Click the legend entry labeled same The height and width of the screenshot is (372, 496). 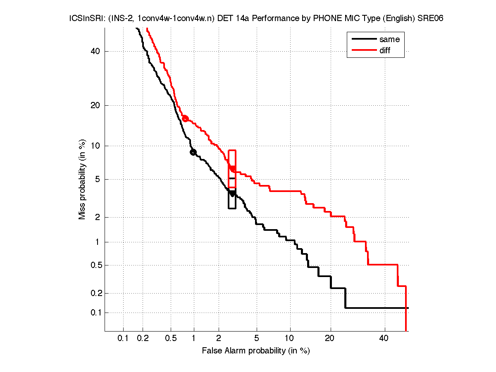click(389, 40)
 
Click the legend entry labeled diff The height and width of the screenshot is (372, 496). click(384, 50)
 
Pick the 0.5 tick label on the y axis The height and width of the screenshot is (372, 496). click(95, 265)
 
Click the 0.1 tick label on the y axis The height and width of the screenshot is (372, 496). click(95, 313)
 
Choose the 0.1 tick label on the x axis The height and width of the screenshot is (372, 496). click(123, 339)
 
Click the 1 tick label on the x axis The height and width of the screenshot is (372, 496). click(194, 339)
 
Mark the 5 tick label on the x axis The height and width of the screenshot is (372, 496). click(257, 339)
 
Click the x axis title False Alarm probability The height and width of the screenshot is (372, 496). click(256, 351)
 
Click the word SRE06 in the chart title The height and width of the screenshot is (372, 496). click(431, 19)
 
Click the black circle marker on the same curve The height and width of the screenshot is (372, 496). click(193, 152)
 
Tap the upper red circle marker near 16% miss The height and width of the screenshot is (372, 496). click(185, 118)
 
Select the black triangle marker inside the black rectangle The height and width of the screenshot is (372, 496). click(232, 193)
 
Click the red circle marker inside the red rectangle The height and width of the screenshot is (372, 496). click(233, 168)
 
